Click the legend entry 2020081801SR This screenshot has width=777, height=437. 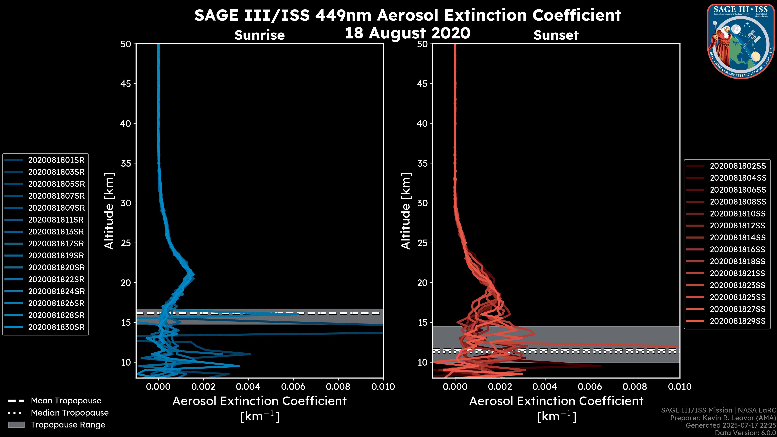56,160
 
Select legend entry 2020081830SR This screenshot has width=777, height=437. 56,327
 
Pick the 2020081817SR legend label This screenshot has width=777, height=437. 56,244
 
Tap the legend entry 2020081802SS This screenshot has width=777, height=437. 738,166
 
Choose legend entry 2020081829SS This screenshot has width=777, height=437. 738,321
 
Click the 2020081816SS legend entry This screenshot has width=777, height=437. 738,250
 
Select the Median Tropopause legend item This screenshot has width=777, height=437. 69,413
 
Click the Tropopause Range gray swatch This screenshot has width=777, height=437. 16,425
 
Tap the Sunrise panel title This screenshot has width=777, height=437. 259,35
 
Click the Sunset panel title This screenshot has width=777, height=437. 556,35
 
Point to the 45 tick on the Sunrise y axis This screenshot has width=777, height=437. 126,84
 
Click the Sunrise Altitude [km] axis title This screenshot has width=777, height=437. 109,211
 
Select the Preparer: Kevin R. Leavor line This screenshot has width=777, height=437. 723,418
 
